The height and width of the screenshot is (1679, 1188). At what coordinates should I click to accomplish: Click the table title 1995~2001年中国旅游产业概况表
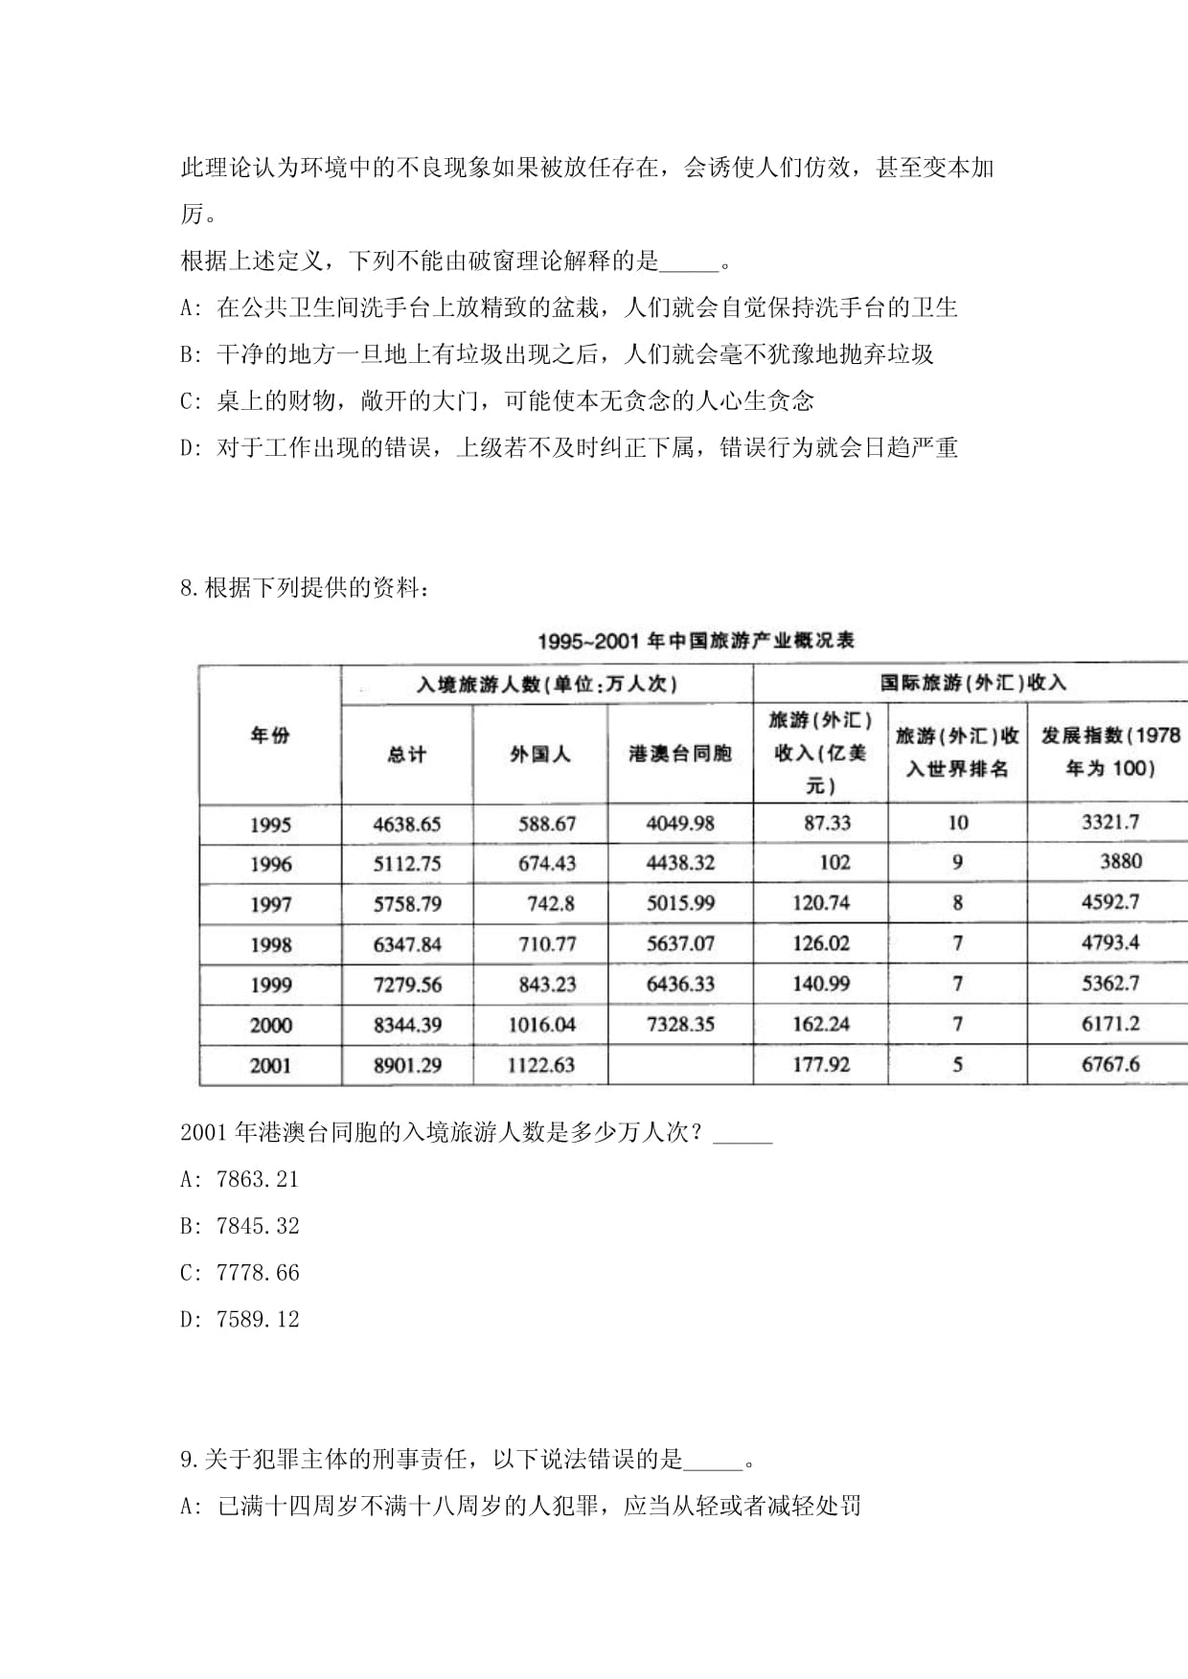coord(696,641)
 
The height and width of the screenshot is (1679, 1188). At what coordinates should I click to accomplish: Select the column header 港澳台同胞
coord(680,754)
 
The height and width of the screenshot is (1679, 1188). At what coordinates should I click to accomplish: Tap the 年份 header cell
coord(269,735)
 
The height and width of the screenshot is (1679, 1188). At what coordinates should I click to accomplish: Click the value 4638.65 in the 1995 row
coord(407,824)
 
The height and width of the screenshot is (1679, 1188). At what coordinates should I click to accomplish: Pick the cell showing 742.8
coord(551,903)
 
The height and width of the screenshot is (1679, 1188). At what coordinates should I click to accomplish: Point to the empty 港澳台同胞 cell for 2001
coord(680,1064)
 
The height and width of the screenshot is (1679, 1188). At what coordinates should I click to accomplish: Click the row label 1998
coord(270,944)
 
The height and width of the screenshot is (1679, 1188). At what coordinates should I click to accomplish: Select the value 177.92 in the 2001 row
coord(821,1064)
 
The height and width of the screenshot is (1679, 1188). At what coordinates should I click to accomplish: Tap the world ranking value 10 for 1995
coord(957,823)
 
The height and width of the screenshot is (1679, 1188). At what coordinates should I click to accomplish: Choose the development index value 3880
coord(1120,861)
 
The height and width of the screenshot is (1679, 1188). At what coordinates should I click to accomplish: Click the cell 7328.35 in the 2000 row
coord(680,1024)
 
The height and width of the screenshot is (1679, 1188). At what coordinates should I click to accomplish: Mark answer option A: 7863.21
coord(240,1179)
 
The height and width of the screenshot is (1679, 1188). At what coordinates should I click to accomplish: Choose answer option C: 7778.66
coord(240,1273)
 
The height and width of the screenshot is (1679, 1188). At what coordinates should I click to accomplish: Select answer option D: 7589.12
coord(240,1319)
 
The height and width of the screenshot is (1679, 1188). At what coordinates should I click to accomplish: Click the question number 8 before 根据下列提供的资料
coord(189,588)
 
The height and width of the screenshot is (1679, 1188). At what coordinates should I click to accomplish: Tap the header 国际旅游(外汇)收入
coord(972,683)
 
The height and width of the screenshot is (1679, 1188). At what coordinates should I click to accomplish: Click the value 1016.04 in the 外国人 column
coord(541,1025)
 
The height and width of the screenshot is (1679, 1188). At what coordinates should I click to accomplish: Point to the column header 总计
coord(406,755)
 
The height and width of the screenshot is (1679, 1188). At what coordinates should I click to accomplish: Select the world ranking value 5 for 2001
coord(957,1064)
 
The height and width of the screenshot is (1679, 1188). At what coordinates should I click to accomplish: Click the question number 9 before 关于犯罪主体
coord(189,1460)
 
